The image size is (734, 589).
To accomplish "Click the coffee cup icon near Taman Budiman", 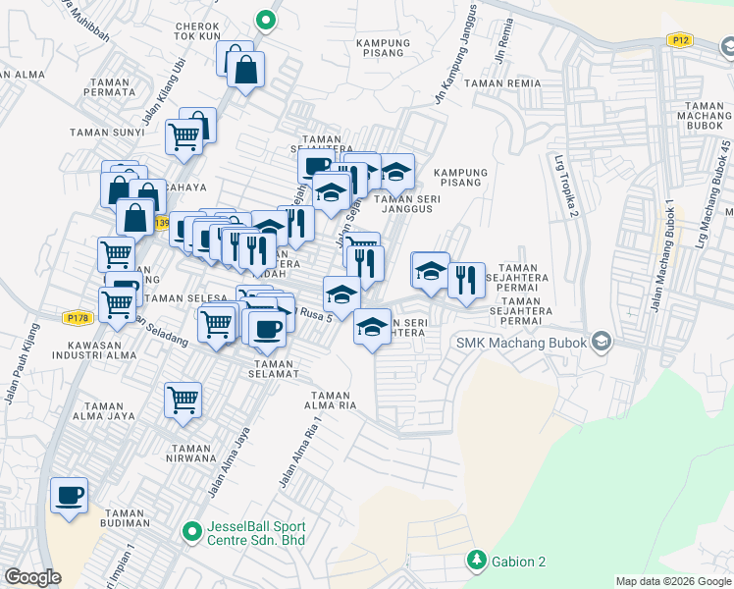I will tap(69, 496).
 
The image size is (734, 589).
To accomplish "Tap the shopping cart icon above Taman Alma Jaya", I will tap(183, 401).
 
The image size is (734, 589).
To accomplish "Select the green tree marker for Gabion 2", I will tap(477, 561).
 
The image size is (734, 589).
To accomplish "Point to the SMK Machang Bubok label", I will tap(520, 343).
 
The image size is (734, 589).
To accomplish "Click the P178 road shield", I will tap(77, 318).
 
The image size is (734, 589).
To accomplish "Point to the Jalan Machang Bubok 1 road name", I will tap(661, 257).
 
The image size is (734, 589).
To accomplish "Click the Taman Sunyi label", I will tap(100, 131).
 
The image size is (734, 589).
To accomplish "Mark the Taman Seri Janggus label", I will tap(405, 202).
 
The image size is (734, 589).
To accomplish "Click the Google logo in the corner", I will tap(33, 577).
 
